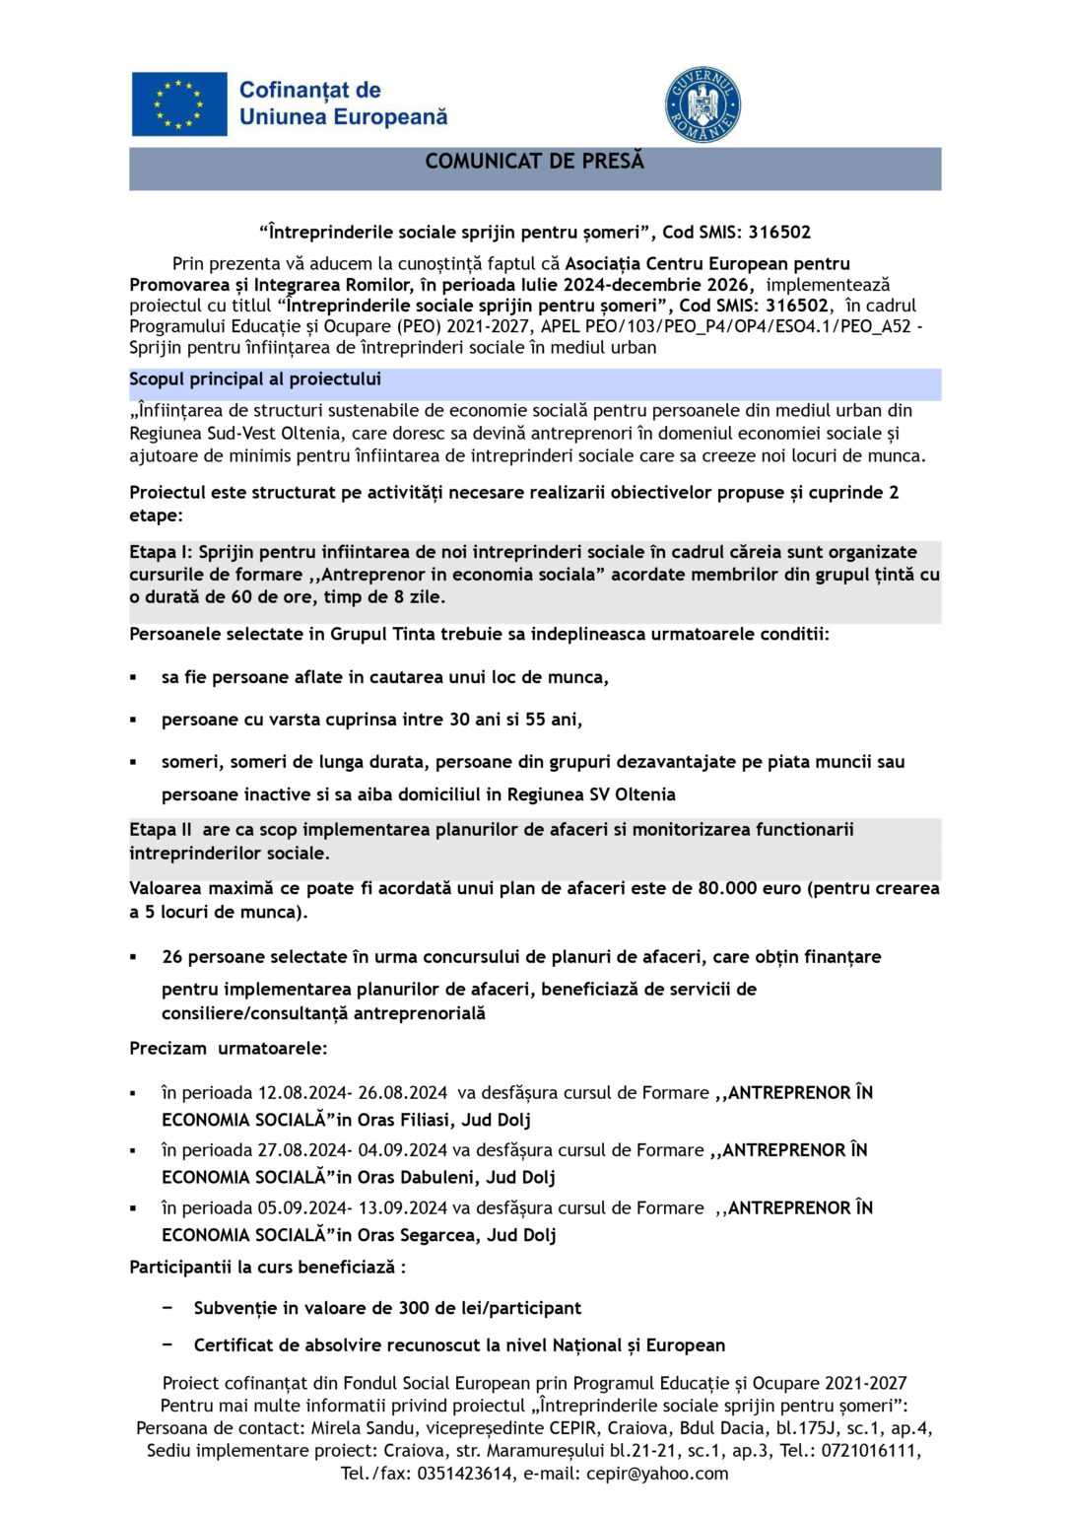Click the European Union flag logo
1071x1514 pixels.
click(x=179, y=103)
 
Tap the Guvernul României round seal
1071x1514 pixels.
click(x=703, y=104)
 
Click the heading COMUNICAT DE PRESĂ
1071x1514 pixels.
click(x=534, y=162)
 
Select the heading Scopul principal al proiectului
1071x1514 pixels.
click(x=255, y=379)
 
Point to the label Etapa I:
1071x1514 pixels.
click(x=162, y=552)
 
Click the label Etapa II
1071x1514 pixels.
click(x=161, y=830)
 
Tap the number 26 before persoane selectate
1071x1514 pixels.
click(x=172, y=957)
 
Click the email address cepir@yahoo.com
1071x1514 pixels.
click(x=657, y=1474)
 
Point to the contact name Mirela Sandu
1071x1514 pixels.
click(x=362, y=1428)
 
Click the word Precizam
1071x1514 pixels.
click(x=168, y=1049)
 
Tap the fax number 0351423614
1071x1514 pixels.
click(x=464, y=1474)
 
